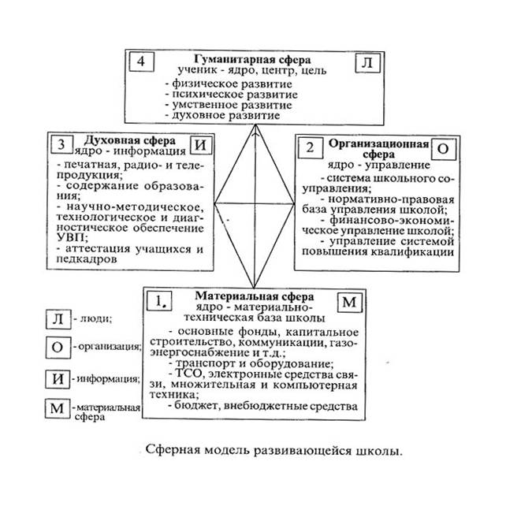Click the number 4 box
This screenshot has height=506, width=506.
(141, 61)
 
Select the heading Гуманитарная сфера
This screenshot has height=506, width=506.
(252, 59)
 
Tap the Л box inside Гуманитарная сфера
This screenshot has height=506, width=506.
(367, 62)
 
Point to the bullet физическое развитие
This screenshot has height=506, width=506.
(229, 84)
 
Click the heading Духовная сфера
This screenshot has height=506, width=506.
(130, 140)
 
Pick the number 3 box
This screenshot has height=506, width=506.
(61, 144)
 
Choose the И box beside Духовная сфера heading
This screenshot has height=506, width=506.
(201, 145)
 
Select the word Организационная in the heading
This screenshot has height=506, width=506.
(378, 143)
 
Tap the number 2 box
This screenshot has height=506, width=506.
(310, 148)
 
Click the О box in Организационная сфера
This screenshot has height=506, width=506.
(444, 149)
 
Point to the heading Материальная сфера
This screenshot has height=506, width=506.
(254, 296)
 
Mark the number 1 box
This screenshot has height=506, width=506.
(159, 301)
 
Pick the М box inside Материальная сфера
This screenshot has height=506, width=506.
(349, 303)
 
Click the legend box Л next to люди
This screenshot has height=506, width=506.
(58, 319)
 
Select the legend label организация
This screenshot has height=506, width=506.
(110, 347)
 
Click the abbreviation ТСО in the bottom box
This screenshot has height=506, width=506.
(188, 374)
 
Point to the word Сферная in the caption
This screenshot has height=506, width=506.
(169, 449)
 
